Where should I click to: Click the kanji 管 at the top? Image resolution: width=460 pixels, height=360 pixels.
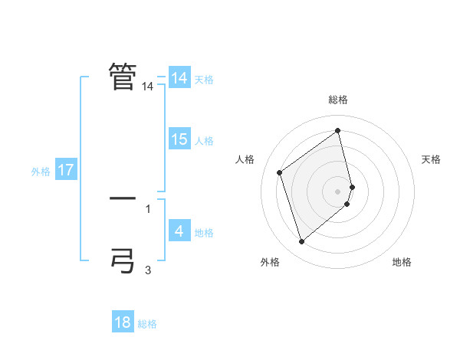tap(123, 77)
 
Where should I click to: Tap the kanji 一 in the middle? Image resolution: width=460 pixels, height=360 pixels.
tap(123, 198)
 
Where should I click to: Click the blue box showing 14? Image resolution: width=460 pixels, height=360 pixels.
tap(179, 78)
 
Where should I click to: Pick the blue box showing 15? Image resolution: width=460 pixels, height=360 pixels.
tap(179, 139)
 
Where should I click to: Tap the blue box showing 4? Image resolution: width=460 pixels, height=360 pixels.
tap(179, 231)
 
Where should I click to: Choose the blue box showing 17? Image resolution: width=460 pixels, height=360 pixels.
tap(66, 170)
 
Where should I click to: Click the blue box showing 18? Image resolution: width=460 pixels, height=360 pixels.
tap(123, 322)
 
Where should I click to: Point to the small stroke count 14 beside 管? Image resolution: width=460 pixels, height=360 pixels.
tap(148, 87)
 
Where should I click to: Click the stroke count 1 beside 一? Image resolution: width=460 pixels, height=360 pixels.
tap(148, 208)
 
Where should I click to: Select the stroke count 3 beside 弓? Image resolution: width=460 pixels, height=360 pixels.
tap(148, 270)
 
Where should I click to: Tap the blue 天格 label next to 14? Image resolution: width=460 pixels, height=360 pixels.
tap(204, 79)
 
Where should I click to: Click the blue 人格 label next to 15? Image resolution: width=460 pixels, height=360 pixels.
tap(204, 141)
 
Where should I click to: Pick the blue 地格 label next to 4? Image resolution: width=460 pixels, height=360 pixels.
tap(204, 233)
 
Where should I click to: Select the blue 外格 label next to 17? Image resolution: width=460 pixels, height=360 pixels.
tap(41, 172)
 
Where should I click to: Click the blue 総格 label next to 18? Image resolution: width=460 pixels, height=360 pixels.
tap(147, 324)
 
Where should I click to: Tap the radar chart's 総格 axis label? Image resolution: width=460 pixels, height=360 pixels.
tap(338, 100)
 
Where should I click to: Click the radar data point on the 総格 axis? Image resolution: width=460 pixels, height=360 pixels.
tap(338, 131)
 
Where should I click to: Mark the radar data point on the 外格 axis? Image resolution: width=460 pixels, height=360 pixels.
tap(301, 242)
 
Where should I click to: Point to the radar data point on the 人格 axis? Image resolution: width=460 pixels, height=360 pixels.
tap(280, 172)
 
